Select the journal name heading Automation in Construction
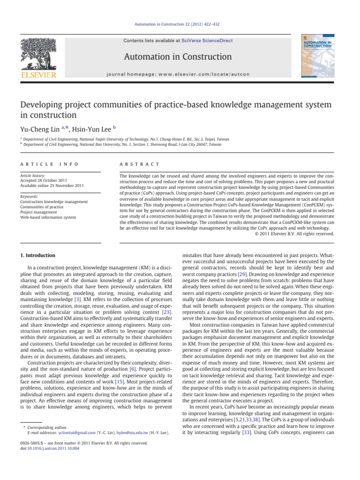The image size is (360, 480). point(177,57)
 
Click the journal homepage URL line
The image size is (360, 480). point(177,74)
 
